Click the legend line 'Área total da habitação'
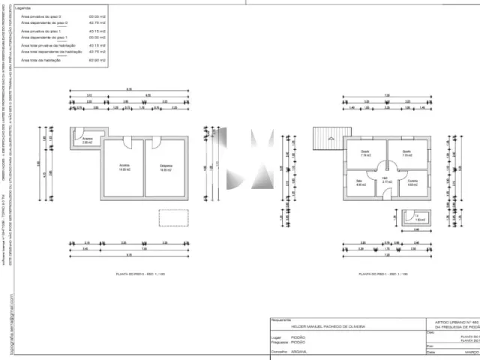pyautogui.click(x=40, y=58)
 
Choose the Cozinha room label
pyautogui.click(x=412, y=182)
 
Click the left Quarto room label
pyautogui.click(x=365, y=154)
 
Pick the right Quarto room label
pyautogui.click(x=407, y=154)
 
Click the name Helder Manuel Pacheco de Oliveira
pyautogui.click(x=322, y=327)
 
